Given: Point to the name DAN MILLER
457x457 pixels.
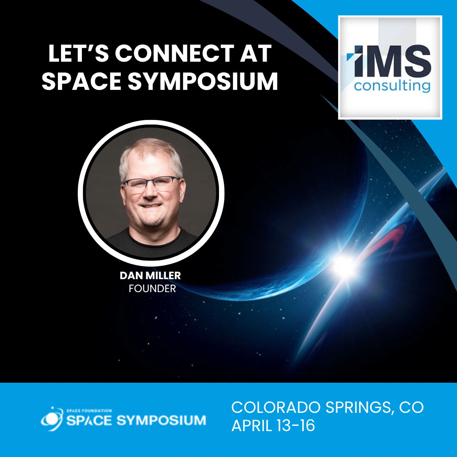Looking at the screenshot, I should click(x=150, y=275).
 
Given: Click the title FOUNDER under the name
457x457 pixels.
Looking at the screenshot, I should click(x=152, y=289).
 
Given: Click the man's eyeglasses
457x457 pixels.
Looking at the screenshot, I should click(x=152, y=184).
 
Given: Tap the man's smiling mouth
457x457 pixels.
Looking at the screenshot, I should click(x=151, y=206).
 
